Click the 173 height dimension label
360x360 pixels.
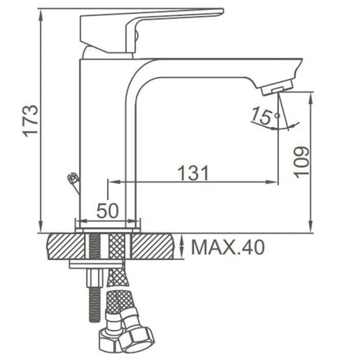(30, 121)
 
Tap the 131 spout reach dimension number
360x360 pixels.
(193, 173)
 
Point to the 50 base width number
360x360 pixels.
(107, 210)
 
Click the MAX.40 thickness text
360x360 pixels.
(228, 247)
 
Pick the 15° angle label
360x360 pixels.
(265, 116)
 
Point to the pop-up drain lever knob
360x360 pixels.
(73, 178)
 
